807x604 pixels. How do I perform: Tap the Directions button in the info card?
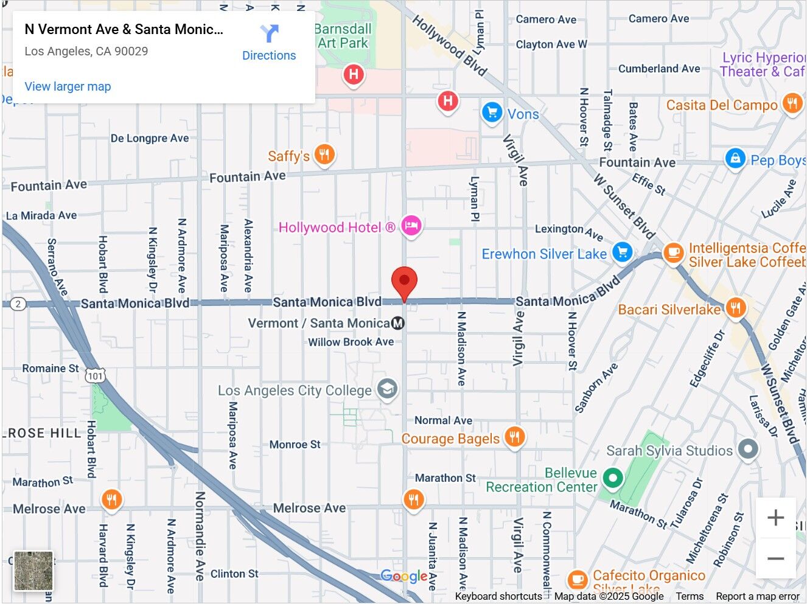[x=269, y=43]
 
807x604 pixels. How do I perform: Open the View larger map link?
[x=68, y=86]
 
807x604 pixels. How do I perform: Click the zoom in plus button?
[x=775, y=518]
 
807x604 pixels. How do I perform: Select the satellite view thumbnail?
[x=33, y=571]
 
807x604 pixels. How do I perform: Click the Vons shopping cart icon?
[x=492, y=113]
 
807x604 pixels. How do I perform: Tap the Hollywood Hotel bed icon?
[x=411, y=226]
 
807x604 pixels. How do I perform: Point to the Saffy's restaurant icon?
[x=324, y=155]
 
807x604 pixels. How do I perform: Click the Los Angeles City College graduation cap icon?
[x=387, y=389]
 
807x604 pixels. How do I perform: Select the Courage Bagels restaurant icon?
[x=515, y=437]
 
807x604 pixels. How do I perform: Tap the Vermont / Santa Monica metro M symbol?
[x=398, y=323]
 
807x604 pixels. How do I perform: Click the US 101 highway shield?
[x=95, y=377]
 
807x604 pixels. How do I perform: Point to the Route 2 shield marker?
[x=18, y=304]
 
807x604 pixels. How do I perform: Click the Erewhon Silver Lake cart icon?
[x=622, y=252]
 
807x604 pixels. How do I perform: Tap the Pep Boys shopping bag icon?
[x=735, y=159]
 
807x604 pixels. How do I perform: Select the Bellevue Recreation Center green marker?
[x=613, y=478]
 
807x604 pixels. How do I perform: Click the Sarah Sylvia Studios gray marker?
[x=748, y=450]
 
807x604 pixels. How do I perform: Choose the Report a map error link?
[x=758, y=596]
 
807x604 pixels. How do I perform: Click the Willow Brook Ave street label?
[x=351, y=342]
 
